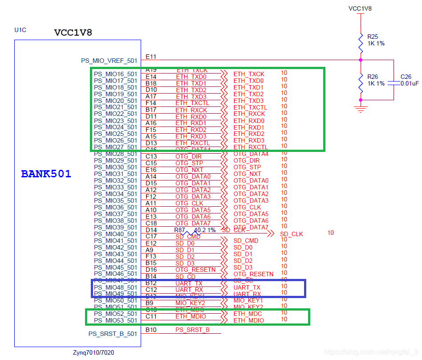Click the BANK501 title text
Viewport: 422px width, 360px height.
click(46, 174)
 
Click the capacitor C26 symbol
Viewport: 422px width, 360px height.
click(394, 83)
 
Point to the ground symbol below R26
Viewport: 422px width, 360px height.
click(361, 108)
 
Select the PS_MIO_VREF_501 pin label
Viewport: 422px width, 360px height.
click(109, 61)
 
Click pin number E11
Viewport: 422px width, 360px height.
click(151, 57)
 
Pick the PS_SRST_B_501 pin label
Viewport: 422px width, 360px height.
click(113, 334)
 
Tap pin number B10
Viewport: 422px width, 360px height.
click(151, 330)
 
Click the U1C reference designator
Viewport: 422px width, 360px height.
click(20, 30)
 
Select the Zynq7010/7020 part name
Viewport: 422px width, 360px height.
click(93, 352)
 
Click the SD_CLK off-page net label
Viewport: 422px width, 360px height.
click(291, 234)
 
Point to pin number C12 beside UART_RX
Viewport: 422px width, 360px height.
click(151, 290)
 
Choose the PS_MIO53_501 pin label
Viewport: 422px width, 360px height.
click(115, 320)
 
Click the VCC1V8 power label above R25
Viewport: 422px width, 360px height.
click(360, 8)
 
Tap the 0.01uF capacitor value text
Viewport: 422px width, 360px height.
click(409, 83)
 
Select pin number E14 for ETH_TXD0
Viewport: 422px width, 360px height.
click(151, 77)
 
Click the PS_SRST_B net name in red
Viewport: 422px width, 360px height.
click(192, 330)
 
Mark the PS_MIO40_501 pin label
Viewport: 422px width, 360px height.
click(115, 234)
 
